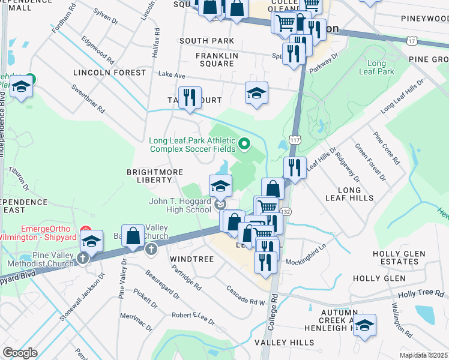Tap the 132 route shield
click(286, 212)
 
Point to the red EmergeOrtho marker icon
click(85, 230)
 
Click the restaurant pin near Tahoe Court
click(190, 98)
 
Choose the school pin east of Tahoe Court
click(256, 94)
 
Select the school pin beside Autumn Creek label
click(364, 326)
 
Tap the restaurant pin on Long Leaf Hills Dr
click(294, 167)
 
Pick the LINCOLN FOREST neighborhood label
click(109, 73)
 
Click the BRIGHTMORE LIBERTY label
click(154, 175)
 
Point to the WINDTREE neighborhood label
click(191, 259)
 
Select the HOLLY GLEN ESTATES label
click(401, 257)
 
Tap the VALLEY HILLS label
click(284, 343)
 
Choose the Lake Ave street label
click(172, 75)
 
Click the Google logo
click(19, 353)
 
